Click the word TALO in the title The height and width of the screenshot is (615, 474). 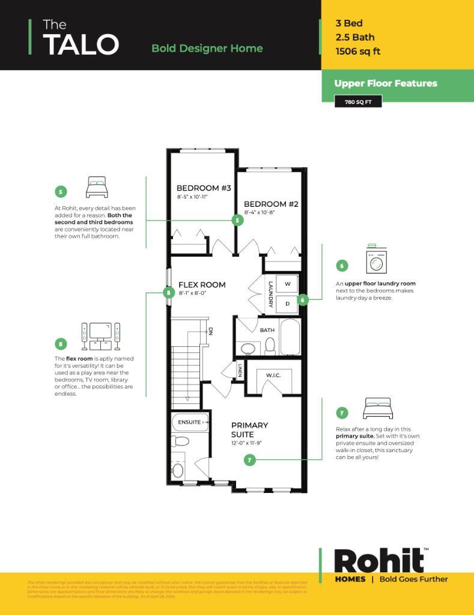pos(81,44)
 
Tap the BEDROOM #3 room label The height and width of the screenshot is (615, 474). pos(204,188)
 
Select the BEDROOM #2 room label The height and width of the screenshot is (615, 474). pos(271,204)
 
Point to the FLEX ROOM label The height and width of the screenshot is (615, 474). pos(202,285)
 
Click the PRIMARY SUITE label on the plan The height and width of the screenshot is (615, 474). pos(249,430)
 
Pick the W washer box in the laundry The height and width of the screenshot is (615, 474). pos(287,284)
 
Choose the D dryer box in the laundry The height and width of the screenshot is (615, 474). pos(287,304)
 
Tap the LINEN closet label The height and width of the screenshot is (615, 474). pos(240,371)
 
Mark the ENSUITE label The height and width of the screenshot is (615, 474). pos(189,422)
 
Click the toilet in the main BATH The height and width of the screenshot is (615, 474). pos(270,345)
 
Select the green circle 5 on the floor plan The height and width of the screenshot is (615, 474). pos(237,221)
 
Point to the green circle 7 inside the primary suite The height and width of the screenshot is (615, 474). pos(250,460)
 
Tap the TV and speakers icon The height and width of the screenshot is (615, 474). pos(100,337)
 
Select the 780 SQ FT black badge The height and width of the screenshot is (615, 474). pos(358,102)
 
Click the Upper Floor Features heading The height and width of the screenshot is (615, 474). pos(385,84)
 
